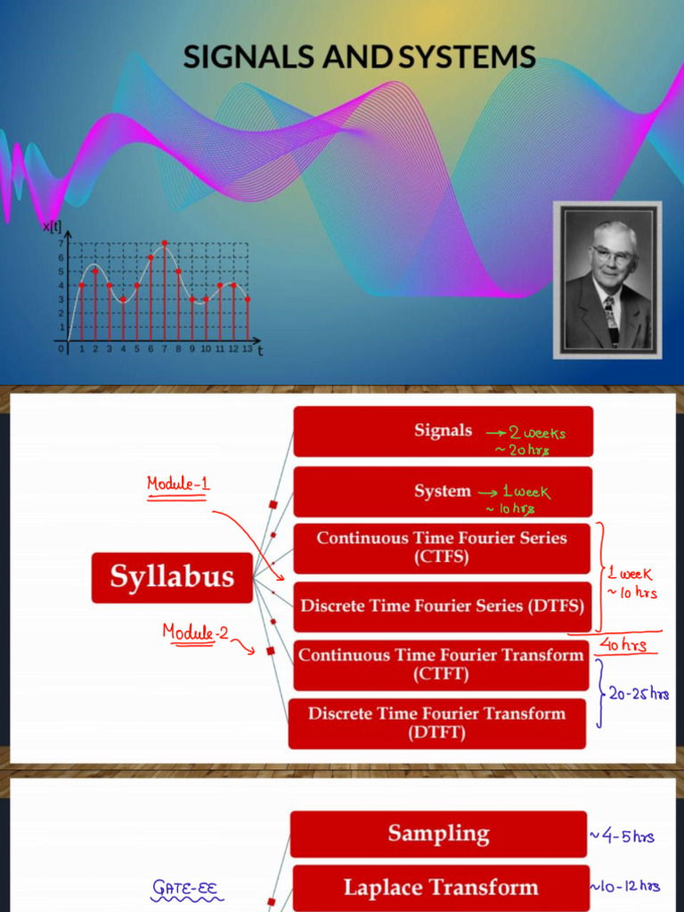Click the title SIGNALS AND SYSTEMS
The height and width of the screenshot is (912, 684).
click(359, 57)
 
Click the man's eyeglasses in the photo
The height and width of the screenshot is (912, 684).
click(613, 256)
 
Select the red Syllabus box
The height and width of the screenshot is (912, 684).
click(172, 577)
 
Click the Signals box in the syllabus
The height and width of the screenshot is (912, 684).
click(443, 431)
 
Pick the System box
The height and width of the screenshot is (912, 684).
click(443, 492)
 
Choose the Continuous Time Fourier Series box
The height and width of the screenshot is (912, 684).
click(442, 548)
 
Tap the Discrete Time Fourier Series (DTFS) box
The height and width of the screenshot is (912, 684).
click(442, 606)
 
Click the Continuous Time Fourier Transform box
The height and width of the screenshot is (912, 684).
click(441, 664)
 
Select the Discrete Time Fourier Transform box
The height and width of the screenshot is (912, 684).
click(437, 722)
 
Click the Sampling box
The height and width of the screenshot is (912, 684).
click(438, 834)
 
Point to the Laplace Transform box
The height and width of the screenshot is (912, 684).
click(441, 887)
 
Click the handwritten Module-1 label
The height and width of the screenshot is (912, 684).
click(178, 485)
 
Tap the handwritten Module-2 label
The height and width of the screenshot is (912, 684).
click(195, 632)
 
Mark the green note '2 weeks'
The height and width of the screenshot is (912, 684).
click(537, 434)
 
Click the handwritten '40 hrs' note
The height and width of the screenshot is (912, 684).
click(623, 645)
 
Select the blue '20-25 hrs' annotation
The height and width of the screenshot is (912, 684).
click(639, 694)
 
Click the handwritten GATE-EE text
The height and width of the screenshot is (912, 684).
click(187, 887)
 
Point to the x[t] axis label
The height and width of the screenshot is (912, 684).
click(52, 228)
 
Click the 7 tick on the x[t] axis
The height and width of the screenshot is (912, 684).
click(61, 243)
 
